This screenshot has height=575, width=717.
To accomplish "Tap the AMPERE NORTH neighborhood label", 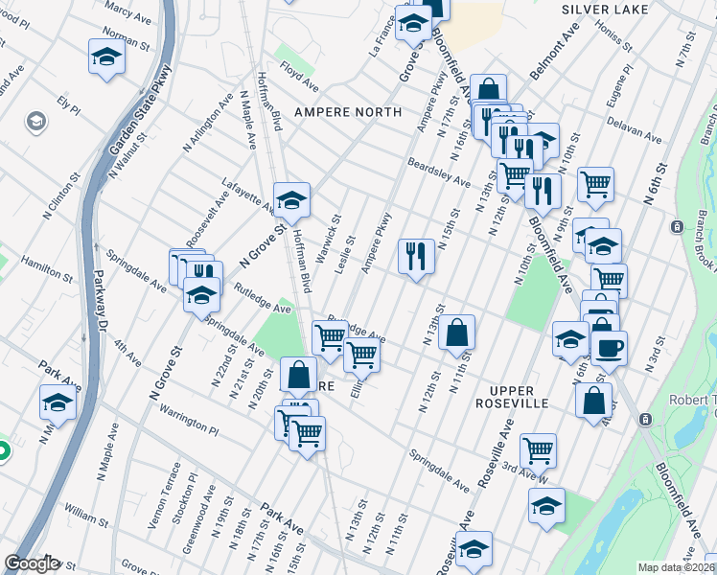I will coord(347,112).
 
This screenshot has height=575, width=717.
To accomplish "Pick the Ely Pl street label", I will coord(67,103).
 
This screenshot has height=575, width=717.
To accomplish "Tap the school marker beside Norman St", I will coord(106,57).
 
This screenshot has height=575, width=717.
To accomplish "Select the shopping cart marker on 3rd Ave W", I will coord(538,449).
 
